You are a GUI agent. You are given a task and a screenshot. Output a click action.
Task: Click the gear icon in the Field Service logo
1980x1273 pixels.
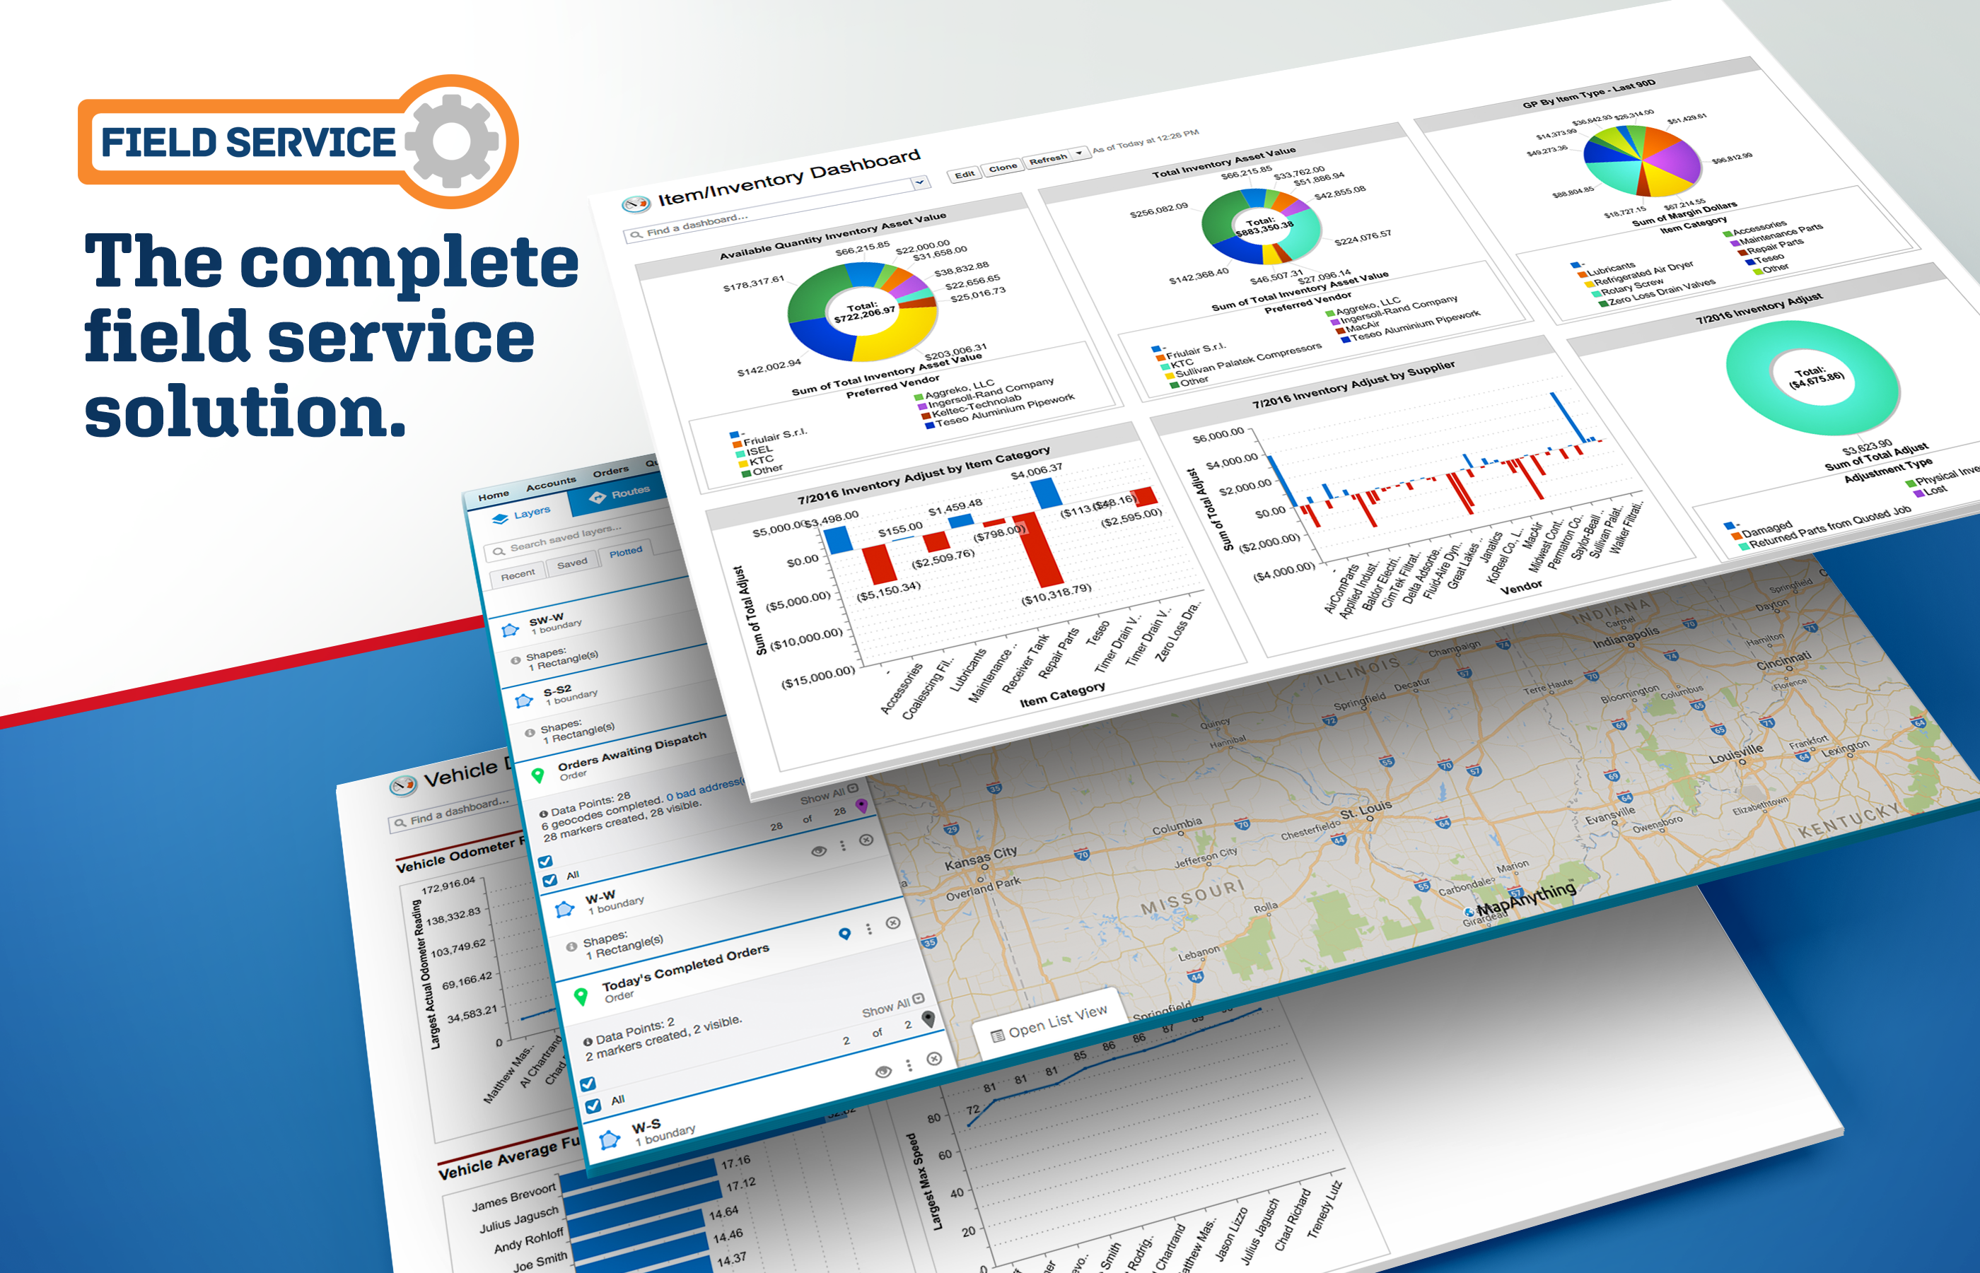pyautogui.click(x=451, y=141)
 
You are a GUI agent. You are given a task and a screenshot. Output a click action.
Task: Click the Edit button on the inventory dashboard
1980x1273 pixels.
pyautogui.click(x=964, y=175)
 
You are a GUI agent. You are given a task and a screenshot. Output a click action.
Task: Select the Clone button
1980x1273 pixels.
pyautogui.click(x=1002, y=168)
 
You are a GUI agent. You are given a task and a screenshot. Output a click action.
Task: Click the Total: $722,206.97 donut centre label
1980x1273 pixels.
pyautogui.click(x=863, y=312)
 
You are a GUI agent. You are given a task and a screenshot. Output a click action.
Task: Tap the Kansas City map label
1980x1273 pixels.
pyautogui.click(x=981, y=857)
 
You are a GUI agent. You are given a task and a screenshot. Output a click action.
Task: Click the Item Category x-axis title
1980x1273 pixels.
pyautogui.click(x=1061, y=694)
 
